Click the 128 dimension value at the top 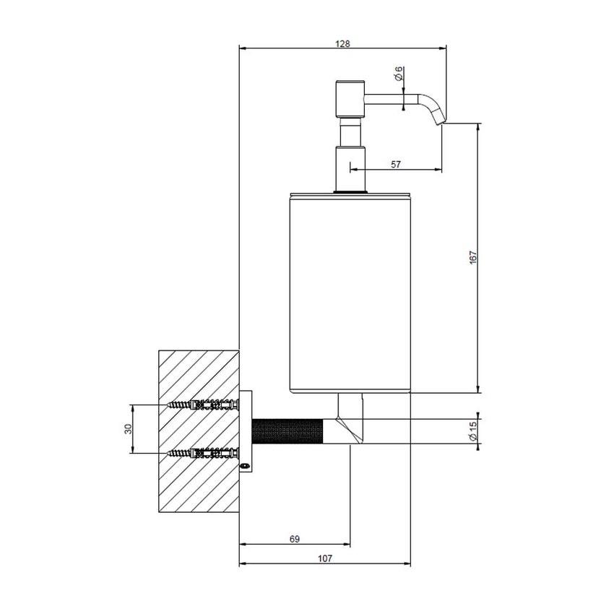click(x=342, y=43)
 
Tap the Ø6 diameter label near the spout click(x=399, y=74)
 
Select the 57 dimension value click(x=396, y=165)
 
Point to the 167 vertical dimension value click(x=472, y=258)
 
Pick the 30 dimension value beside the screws click(x=128, y=429)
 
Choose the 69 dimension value click(x=294, y=539)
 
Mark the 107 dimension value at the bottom click(x=324, y=558)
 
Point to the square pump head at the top click(x=349, y=100)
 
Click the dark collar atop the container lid click(x=350, y=191)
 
